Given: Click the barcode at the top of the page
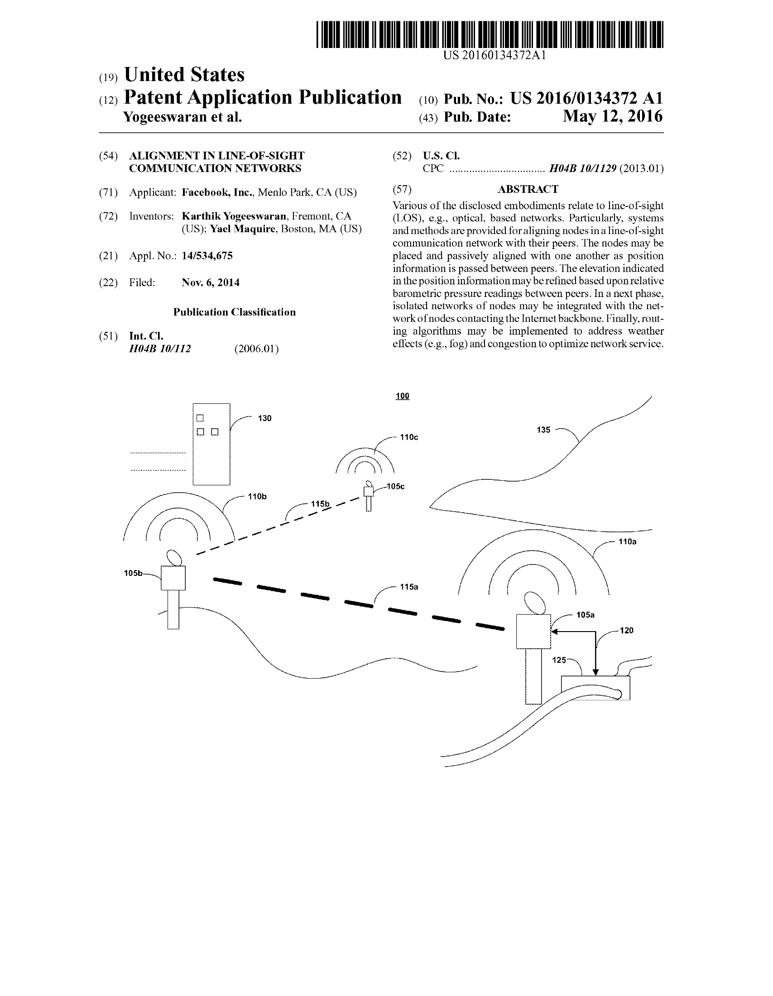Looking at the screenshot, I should pos(490,34).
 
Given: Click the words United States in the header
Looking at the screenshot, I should pos(184,75).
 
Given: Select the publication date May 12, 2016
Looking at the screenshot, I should pos(612,116).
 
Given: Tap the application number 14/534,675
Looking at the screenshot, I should pos(207,256).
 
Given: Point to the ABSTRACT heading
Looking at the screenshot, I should pos(528,189).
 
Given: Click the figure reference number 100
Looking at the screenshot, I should pos(402,396).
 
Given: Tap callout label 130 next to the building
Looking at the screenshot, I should pos(264,418).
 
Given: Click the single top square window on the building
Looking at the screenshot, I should pos(200,418).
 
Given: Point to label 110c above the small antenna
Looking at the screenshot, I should pos(408,437).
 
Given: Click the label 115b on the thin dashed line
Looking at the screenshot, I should pos(320,504).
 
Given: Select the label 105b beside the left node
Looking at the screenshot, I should pos(133,573).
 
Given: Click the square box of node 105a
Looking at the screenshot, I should pos(533,632).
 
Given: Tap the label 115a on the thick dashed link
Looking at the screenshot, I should pos(408,587).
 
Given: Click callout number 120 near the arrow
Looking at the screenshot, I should pos(626,631).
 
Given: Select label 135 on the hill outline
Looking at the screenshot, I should pos(543,430).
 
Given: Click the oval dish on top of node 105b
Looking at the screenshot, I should pos(174,558).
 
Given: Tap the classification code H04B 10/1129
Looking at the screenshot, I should pos(582,169).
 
